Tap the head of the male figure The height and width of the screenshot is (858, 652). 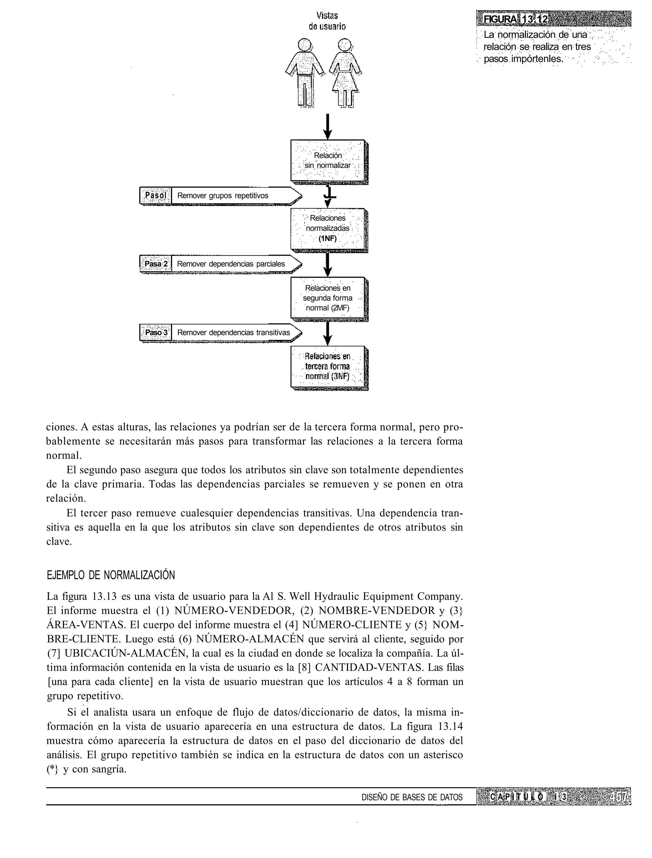(x=305, y=44)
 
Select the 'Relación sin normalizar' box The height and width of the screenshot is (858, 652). (x=328, y=160)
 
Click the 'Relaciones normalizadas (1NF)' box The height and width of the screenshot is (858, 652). (x=328, y=229)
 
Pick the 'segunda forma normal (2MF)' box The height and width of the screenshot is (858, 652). (x=328, y=298)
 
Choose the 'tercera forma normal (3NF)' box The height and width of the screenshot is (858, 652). (x=328, y=367)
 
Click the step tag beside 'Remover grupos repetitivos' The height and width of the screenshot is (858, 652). (x=155, y=195)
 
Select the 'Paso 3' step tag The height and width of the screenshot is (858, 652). (x=155, y=333)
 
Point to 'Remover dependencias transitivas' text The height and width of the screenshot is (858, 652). (x=234, y=333)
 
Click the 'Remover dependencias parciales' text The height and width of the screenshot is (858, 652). (x=231, y=264)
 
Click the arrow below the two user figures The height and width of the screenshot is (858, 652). (x=328, y=126)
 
